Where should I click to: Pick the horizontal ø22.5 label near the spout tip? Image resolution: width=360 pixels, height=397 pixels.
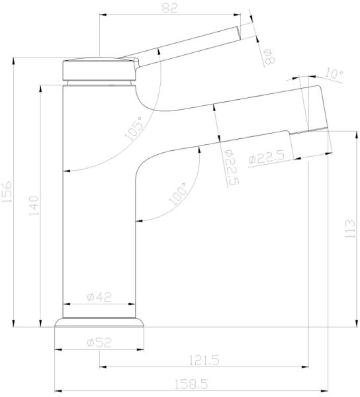coord(268,159)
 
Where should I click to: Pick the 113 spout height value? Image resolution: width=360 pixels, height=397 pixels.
coord(349,230)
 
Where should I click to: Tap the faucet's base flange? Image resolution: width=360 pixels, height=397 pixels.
coord(99,324)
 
